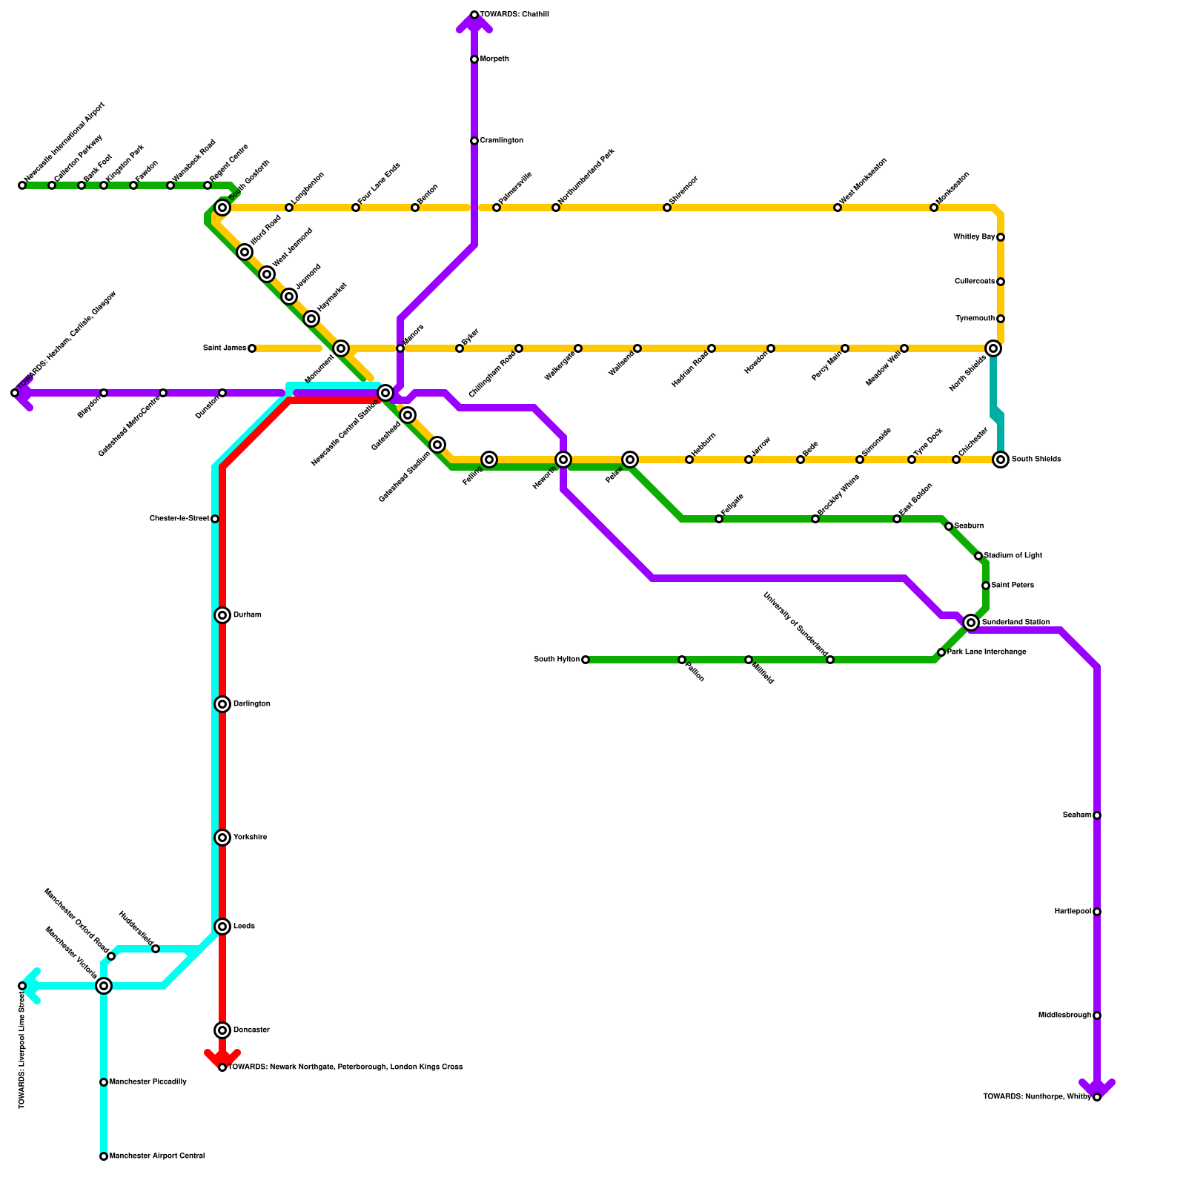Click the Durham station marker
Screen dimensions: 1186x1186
(222, 615)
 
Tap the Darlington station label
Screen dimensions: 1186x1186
(252, 704)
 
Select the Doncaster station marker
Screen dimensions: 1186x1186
(222, 1030)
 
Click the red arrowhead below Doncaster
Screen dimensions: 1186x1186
(222, 1056)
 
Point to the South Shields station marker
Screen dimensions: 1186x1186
(1001, 460)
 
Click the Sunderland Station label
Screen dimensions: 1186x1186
(1016, 623)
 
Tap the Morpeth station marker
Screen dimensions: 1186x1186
(474, 59)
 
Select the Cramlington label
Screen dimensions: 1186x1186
(502, 141)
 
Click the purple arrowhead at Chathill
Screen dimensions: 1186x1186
(474, 24)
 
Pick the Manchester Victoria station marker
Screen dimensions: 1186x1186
(104, 986)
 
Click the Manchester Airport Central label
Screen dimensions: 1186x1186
(157, 1156)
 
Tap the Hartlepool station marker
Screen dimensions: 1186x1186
(1097, 912)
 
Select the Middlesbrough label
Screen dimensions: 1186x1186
(1064, 1016)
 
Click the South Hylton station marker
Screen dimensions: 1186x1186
(586, 660)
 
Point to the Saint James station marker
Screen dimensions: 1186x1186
(252, 348)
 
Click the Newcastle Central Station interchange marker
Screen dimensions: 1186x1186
(385, 393)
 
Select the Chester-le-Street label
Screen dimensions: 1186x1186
(179, 519)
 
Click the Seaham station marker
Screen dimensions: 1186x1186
(1097, 815)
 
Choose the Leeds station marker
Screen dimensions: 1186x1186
(222, 927)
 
